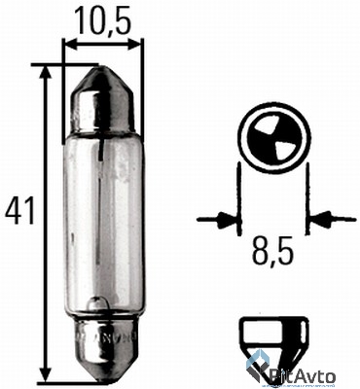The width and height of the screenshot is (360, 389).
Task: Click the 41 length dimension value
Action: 19,211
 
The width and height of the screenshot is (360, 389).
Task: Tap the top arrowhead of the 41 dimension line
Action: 47,73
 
